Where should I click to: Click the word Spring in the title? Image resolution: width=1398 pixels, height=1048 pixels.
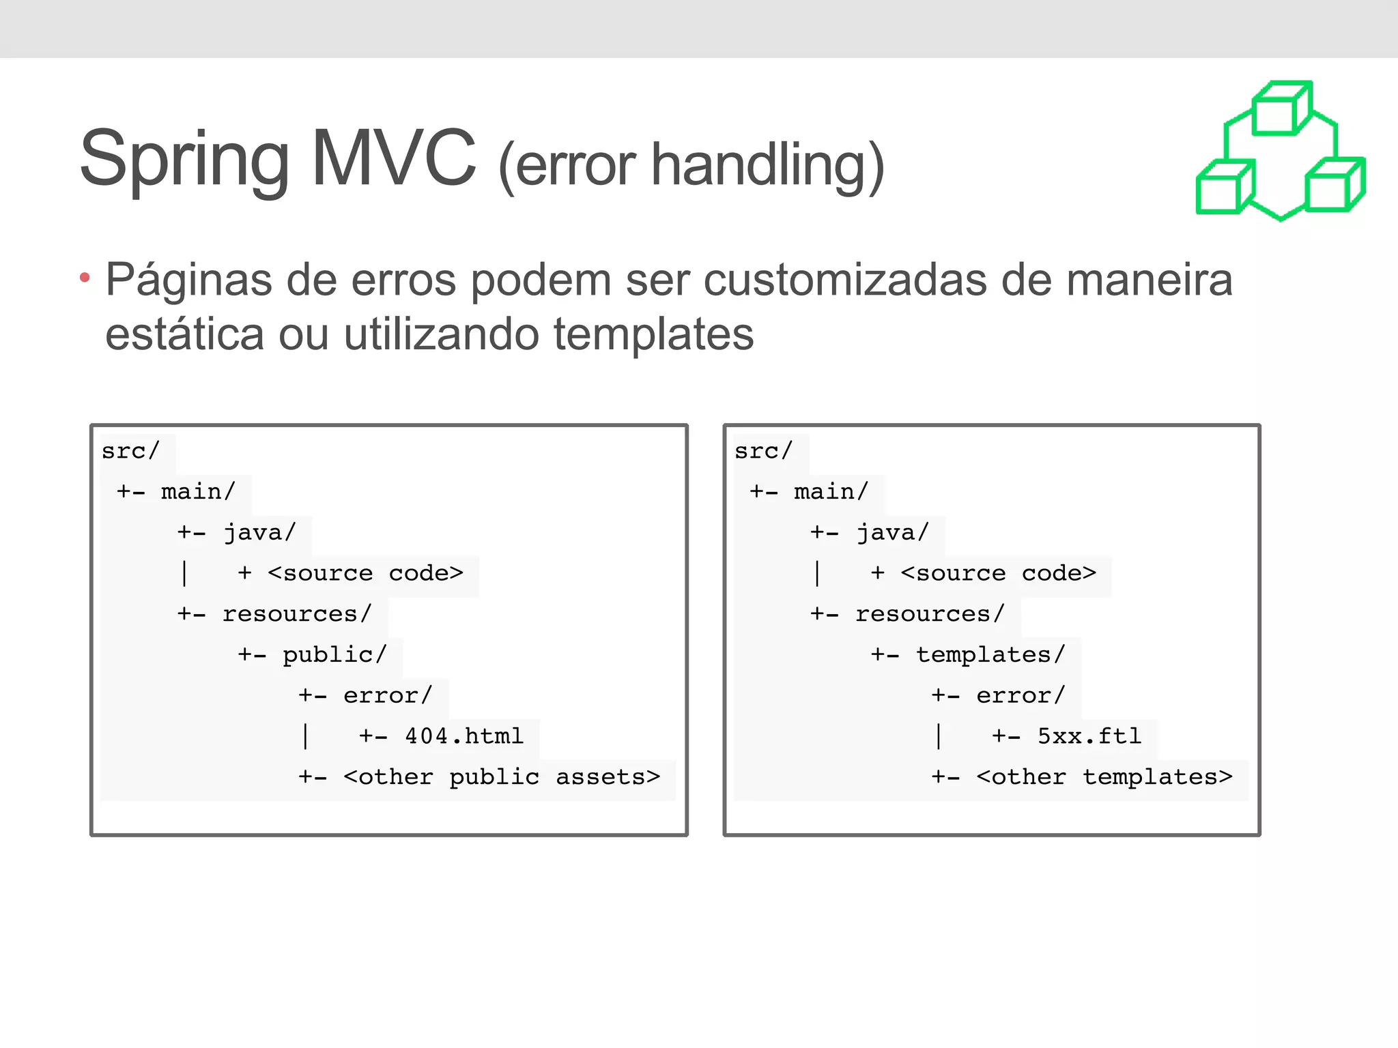[x=184, y=160]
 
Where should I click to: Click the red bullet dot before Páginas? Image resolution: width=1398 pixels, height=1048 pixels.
[x=85, y=277]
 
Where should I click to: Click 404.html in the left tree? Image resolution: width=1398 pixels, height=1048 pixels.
[x=464, y=736]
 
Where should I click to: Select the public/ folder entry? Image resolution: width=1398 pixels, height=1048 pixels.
[x=334, y=654]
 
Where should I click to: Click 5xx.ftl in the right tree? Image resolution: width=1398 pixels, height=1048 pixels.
[x=1089, y=736]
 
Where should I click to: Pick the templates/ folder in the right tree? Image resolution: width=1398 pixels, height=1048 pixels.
[x=990, y=654]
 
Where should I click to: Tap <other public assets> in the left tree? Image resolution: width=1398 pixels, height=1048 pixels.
[x=502, y=777]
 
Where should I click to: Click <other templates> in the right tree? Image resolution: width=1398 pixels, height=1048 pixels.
[x=1104, y=777]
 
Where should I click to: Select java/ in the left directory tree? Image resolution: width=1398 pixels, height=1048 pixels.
[x=259, y=532]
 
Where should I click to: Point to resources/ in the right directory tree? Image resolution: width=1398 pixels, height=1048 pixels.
[x=930, y=614]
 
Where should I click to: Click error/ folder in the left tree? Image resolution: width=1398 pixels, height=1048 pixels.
[x=387, y=695]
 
